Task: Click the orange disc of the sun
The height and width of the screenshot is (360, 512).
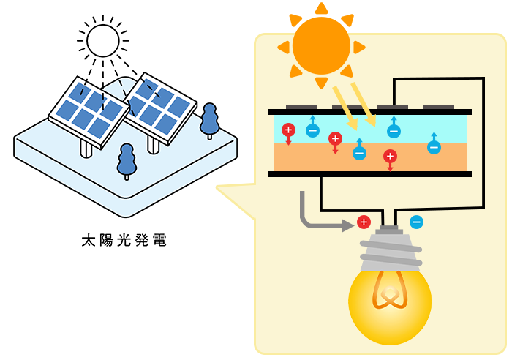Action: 321,45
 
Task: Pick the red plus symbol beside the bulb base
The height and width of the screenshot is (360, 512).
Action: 364,222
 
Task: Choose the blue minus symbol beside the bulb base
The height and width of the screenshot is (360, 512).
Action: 416,222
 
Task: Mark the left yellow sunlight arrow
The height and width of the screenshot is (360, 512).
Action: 344,107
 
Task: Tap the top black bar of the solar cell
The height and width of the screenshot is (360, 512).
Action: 369,112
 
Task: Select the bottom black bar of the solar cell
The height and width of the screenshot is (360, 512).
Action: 369,174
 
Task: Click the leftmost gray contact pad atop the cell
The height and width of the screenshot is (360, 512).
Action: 301,107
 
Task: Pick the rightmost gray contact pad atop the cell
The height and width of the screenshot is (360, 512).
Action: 438,107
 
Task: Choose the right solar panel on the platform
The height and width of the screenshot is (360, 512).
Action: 159,107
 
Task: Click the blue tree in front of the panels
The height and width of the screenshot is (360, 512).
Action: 127,158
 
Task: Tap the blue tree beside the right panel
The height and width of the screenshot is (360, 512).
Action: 209,119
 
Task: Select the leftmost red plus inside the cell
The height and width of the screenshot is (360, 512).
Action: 288,130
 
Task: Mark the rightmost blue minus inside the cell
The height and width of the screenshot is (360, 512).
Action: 434,147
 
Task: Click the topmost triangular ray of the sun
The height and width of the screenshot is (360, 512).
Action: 321,8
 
